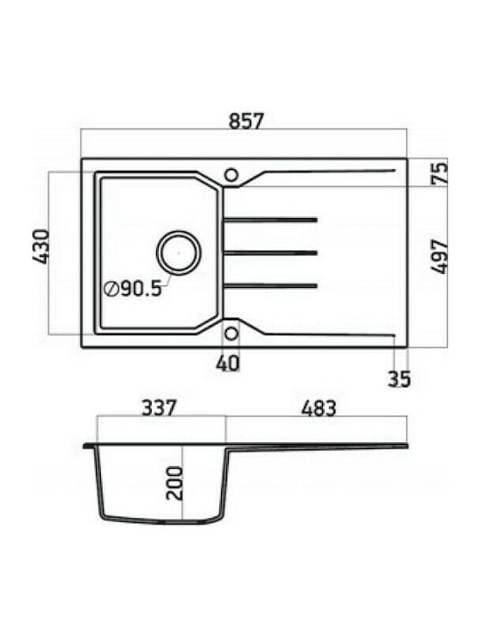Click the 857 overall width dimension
247,121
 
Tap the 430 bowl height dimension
41,247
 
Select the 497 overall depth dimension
439,256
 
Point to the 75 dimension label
439,173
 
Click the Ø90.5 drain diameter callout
133,289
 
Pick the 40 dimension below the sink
228,363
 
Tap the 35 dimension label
399,379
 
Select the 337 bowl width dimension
160,408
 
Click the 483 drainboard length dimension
319,408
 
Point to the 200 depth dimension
175,483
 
